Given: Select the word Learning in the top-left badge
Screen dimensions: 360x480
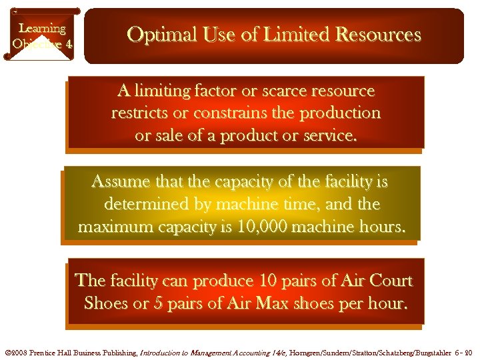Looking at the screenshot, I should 42,28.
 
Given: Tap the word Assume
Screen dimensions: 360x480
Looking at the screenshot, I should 117,181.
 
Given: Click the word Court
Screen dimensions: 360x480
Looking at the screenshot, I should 388,281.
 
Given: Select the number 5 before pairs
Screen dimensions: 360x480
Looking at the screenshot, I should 158,304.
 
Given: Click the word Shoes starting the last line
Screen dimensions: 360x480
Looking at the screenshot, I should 106,304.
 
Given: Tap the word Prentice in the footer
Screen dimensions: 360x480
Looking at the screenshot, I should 47,352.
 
